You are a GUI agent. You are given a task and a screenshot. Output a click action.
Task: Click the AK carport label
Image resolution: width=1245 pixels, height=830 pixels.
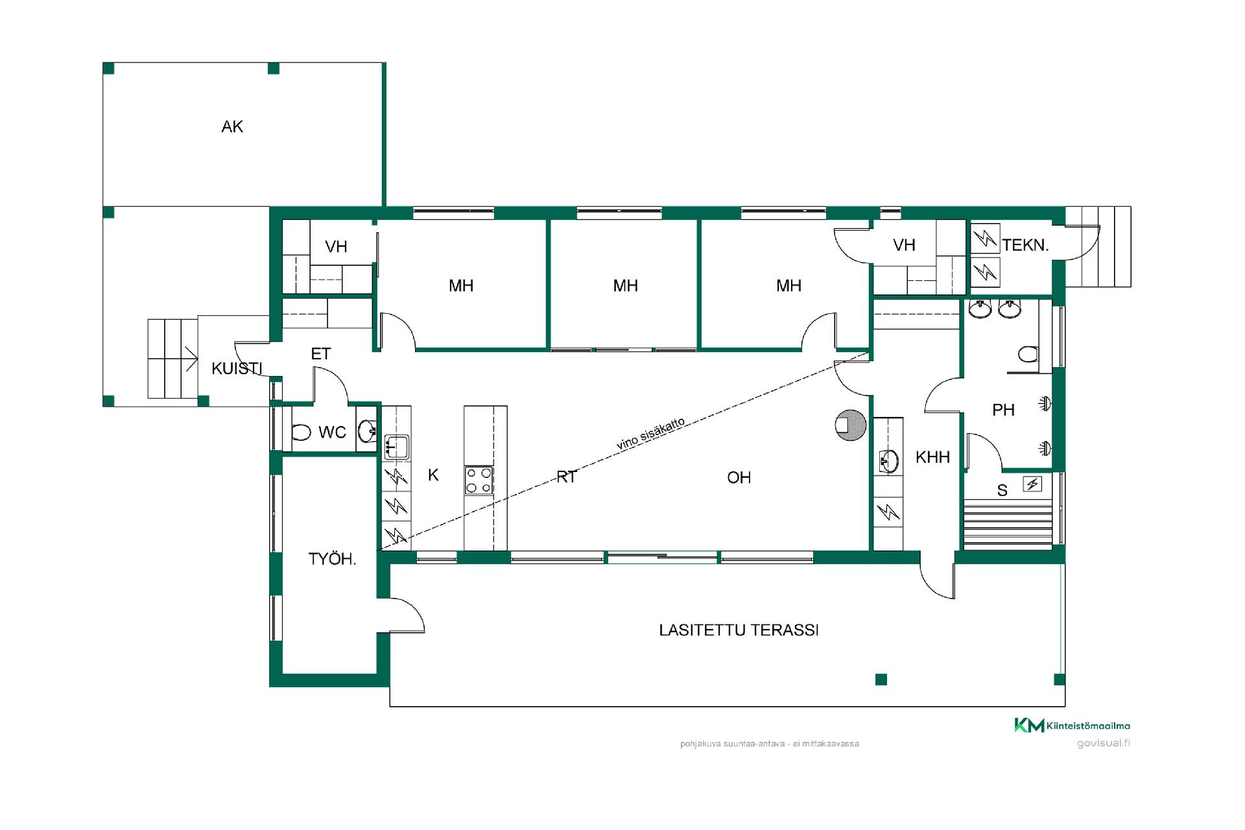[x=232, y=126]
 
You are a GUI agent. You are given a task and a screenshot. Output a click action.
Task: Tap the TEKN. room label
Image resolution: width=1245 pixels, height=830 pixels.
[x=1025, y=246]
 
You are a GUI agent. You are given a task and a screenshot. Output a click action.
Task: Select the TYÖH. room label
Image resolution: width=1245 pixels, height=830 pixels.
[x=333, y=559]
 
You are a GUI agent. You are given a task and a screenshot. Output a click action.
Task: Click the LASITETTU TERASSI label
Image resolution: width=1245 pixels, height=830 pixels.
[x=739, y=630]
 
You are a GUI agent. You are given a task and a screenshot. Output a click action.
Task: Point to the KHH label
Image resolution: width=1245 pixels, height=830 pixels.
[x=932, y=457]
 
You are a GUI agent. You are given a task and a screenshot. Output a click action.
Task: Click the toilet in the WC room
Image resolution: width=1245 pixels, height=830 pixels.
[x=301, y=432]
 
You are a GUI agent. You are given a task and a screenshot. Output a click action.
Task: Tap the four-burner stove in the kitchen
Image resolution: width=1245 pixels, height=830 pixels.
[x=479, y=480]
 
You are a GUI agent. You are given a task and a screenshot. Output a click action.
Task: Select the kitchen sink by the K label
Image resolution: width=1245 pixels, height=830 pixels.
[x=396, y=447]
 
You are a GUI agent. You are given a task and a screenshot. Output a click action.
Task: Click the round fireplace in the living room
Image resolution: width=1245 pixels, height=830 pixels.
[x=850, y=425]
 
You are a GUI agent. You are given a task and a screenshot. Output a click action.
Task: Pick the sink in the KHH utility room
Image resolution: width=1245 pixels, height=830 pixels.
[x=888, y=462]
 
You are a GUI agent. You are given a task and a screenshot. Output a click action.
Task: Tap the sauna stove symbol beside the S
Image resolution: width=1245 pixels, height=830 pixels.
[x=1032, y=483]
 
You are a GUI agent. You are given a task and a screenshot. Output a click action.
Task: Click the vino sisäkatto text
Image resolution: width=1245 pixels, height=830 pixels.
[x=650, y=434]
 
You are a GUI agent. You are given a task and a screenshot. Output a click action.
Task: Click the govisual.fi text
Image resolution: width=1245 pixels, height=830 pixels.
[x=1103, y=743]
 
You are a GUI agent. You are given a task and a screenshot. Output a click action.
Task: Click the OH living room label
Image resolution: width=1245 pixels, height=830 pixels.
[x=739, y=478]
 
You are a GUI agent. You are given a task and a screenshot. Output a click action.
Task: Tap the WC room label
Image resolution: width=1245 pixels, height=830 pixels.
[x=332, y=433]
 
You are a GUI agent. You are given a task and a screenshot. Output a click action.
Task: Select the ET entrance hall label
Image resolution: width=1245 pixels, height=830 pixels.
[x=321, y=354]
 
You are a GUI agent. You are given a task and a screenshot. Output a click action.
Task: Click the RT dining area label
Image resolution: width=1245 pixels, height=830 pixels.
[x=567, y=478]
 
